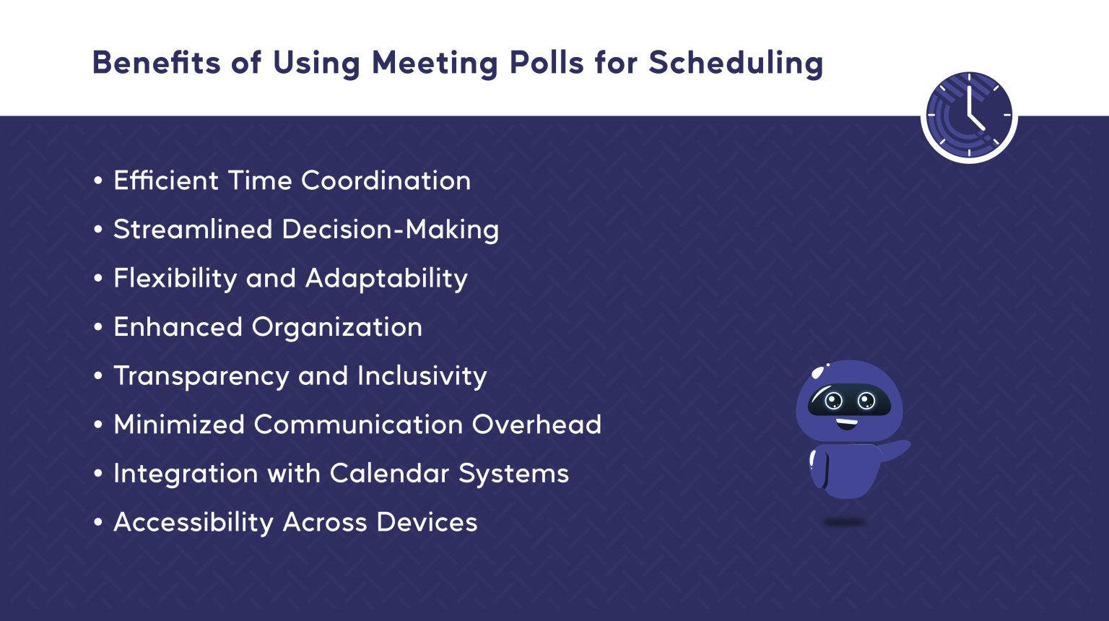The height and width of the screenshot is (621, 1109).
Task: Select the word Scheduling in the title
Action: pyautogui.click(x=736, y=63)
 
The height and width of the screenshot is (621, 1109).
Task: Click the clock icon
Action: pyautogui.click(x=969, y=116)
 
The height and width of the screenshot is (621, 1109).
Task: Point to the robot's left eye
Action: pyautogui.click(x=834, y=401)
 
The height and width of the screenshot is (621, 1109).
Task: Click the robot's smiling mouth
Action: pyautogui.click(x=847, y=423)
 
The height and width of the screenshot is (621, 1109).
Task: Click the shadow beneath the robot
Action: pyautogui.click(x=845, y=521)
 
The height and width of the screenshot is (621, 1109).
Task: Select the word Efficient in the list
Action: pyautogui.click(x=165, y=181)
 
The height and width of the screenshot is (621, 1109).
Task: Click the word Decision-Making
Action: pyautogui.click(x=390, y=230)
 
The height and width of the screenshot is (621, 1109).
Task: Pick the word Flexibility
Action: pyautogui.click(x=175, y=279)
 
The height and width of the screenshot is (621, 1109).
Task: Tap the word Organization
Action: pyautogui.click(x=336, y=327)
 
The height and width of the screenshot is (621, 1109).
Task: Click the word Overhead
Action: pyautogui.click(x=536, y=425)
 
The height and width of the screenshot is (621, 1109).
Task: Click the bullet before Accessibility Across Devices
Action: pyautogui.click(x=98, y=523)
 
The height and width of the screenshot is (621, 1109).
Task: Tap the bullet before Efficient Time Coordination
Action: pyautogui.click(x=98, y=181)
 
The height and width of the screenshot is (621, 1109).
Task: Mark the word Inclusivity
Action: pyautogui.click(x=422, y=376)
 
